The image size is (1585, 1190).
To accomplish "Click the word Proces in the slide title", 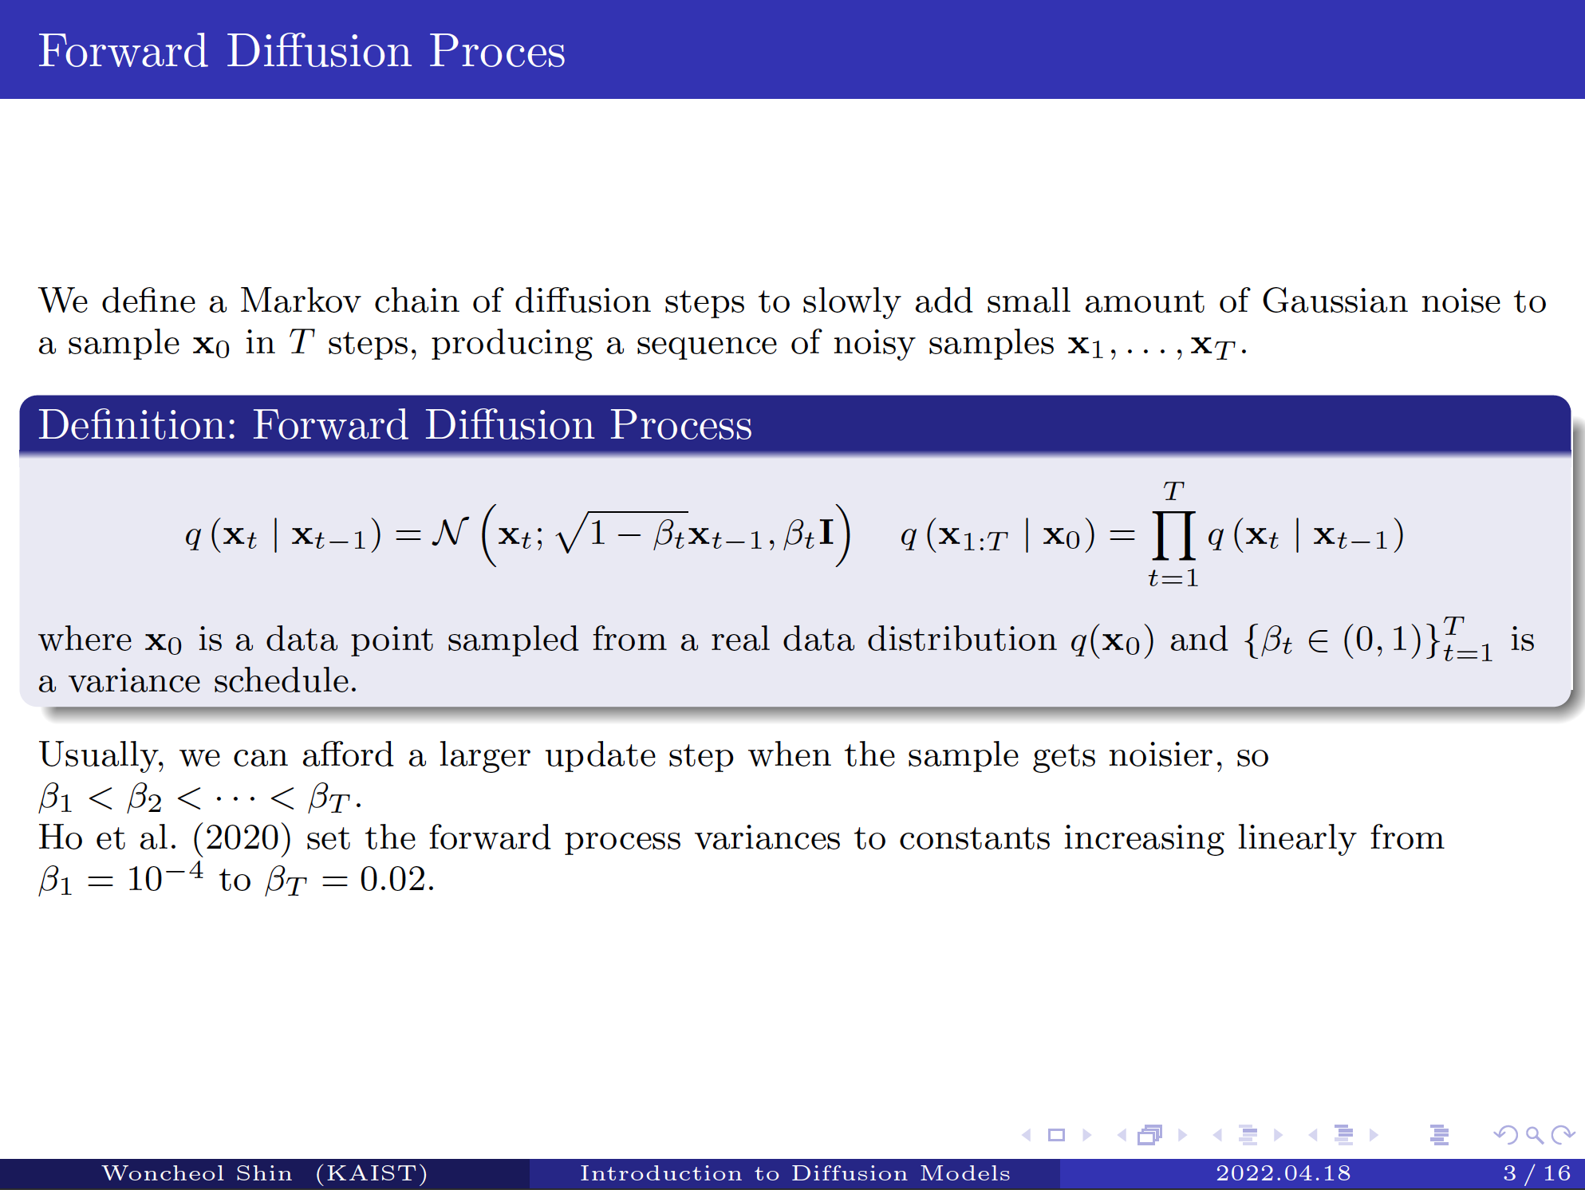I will [x=497, y=52].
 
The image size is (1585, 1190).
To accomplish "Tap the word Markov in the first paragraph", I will [x=300, y=301].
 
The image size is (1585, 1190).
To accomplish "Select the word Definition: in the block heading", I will [x=137, y=424].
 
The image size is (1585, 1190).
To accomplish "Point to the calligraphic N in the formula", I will [x=449, y=532].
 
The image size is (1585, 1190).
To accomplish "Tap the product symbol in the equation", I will [x=1173, y=534].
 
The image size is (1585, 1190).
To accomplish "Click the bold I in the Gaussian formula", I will [x=826, y=532].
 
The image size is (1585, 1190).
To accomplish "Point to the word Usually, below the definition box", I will [x=101, y=755].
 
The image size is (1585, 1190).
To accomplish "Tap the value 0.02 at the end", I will [x=396, y=880].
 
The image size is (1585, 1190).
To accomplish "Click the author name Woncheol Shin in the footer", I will [x=197, y=1173].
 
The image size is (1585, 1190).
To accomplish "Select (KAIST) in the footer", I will [x=372, y=1173].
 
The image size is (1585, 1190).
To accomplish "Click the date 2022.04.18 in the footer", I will [x=1283, y=1173].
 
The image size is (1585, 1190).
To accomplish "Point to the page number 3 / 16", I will [x=1536, y=1173].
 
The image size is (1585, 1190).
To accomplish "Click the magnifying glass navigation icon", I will [x=1533, y=1134].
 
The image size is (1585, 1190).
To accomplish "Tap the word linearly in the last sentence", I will [x=1296, y=838].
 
